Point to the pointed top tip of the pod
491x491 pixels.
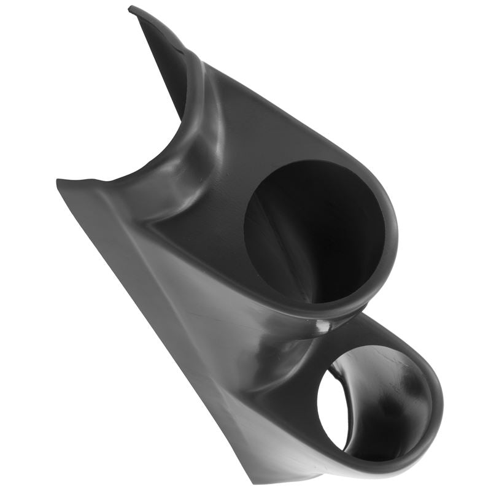(x=131, y=8)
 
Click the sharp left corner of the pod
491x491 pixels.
(x=58, y=182)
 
